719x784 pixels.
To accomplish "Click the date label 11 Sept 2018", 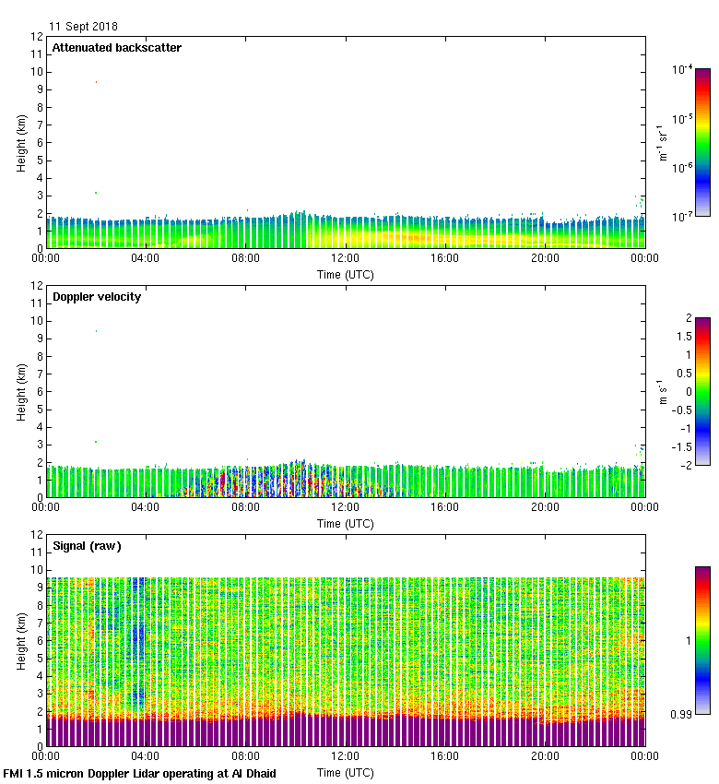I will click(x=83, y=27).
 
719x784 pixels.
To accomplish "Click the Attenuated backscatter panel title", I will click(x=116, y=48).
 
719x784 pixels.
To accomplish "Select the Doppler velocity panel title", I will click(x=97, y=297).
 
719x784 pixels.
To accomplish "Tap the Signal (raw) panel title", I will click(x=87, y=546).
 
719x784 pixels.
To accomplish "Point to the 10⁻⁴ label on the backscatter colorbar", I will click(x=682, y=69).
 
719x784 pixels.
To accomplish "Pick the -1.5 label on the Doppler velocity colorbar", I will click(x=684, y=446).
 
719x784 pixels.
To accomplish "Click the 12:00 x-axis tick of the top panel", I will click(x=346, y=259).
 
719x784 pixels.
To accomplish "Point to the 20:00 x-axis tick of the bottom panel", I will click(x=545, y=757).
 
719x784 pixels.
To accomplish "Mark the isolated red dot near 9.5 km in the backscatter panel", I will click(x=96, y=82).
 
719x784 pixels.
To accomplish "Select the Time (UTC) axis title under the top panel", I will click(x=346, y=274).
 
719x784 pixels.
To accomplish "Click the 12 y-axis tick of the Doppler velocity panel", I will click(x=37, y=286).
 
